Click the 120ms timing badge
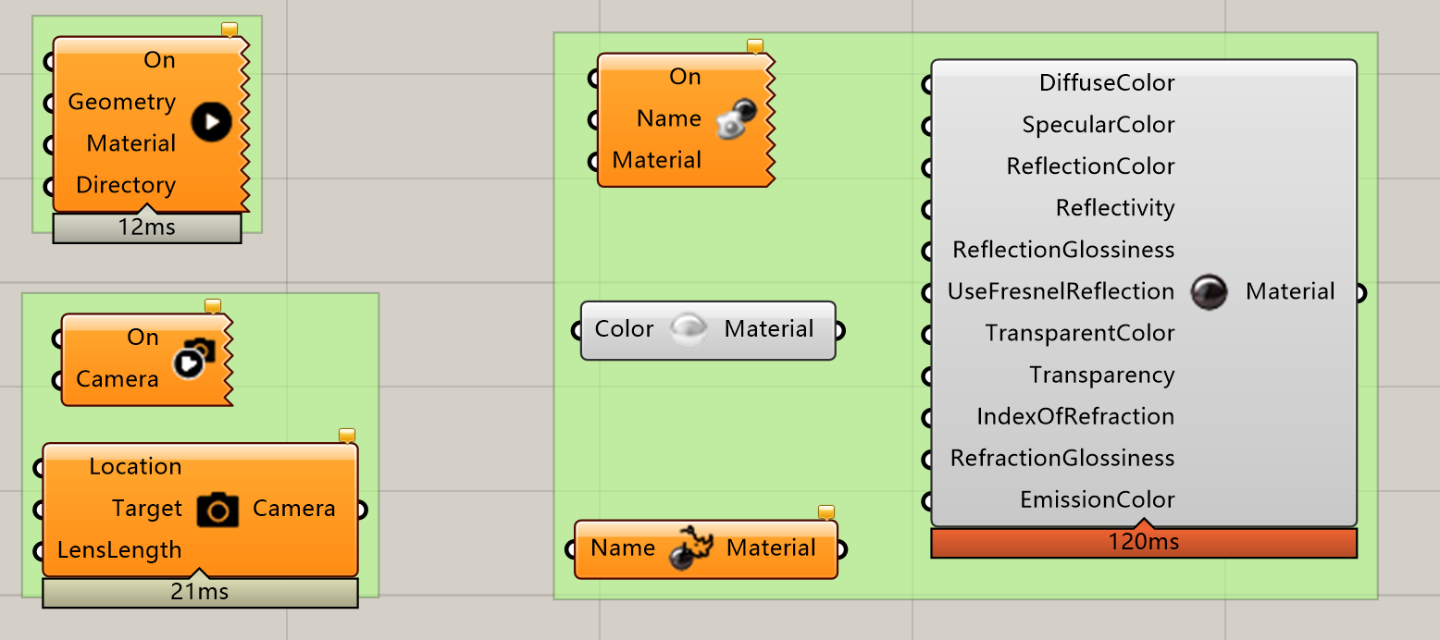tap(1144, 542)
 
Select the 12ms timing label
tap(147, 228)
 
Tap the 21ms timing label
tap(200, 592)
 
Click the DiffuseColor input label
tap(1106, 83)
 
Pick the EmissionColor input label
tap(1097, 500)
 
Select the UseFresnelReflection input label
tap(1061, 291)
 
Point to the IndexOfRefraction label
tap(1075, 416)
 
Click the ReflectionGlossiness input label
tap(1063, 250)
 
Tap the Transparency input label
tap(1102, 375)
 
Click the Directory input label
tap(126, 185)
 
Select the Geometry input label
tap(121, 102)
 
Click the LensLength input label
tap(119, 550)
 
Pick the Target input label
tap(146, 509)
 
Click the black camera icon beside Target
tap(217, 510)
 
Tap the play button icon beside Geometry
tap(212, 122)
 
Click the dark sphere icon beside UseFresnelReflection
tap(1209, 292)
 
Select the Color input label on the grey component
tap(624, 329)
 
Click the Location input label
tap(135, 466)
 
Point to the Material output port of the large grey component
tap(1361, 293)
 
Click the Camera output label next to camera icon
tap(293, 509)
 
